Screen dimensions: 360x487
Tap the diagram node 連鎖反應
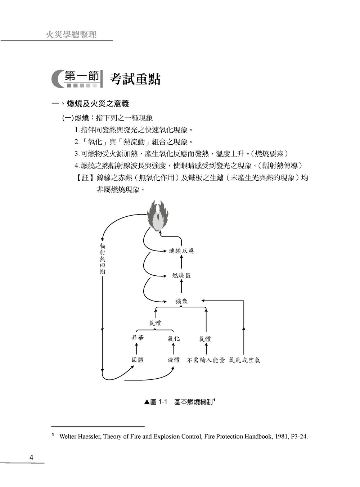point(181,251)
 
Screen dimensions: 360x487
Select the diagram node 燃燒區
point(181,276)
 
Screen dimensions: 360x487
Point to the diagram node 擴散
point(181,301)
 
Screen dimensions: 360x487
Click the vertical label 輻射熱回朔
point(102,259)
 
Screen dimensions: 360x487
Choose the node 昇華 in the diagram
point(138,338)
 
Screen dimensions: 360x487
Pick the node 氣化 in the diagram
point(174,339)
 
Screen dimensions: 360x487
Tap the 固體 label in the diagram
point(138,360)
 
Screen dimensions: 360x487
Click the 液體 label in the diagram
point(174,360)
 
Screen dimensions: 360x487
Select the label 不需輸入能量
point(206,360)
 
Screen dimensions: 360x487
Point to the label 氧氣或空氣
point(244,360)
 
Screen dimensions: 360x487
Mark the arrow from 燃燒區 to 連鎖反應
point(181,262)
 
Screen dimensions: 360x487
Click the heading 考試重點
point(135,79)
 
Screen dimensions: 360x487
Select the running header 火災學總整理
point(71,35)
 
